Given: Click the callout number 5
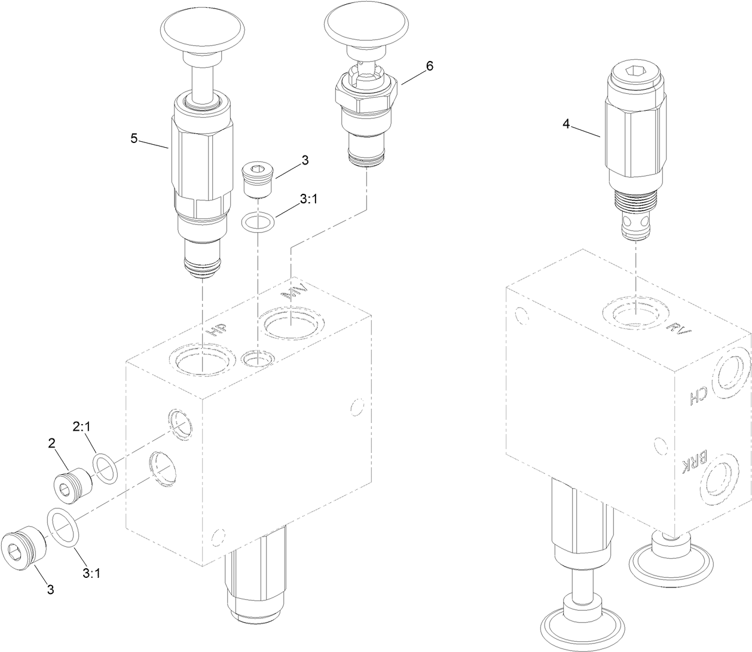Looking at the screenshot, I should point(134,138).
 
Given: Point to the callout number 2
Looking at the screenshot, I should point(52,443).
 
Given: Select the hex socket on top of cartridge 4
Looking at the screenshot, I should point(635,74).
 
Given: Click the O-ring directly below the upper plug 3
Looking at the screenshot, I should point(258,223).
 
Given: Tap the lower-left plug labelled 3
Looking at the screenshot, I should point(26,547).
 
